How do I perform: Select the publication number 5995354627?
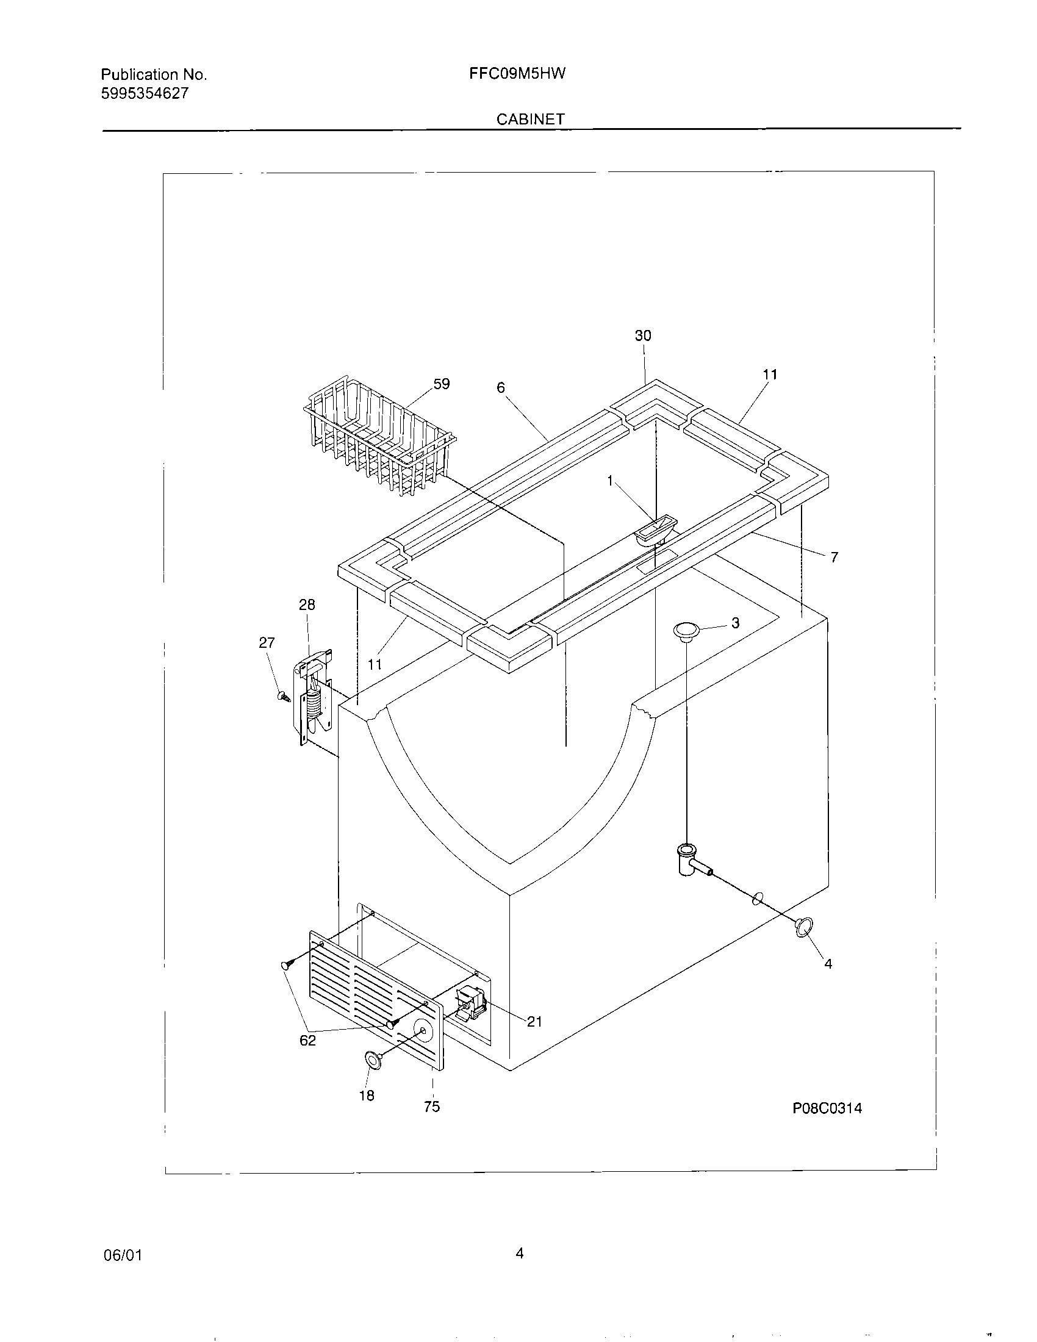coord(145,93)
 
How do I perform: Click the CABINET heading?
coord(530,119)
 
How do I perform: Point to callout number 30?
coord(642,335)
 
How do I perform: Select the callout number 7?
coord(834,558)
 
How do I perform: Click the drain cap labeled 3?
coord(687,630)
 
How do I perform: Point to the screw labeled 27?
coord(284,697)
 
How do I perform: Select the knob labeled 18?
coord(372,1058)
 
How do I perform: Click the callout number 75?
coord(432,1107)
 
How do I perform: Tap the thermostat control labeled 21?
coord(470,1005)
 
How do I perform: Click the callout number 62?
coord(308,1040)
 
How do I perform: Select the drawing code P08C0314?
coord(827,1108)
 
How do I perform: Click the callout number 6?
coord(501,387)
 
